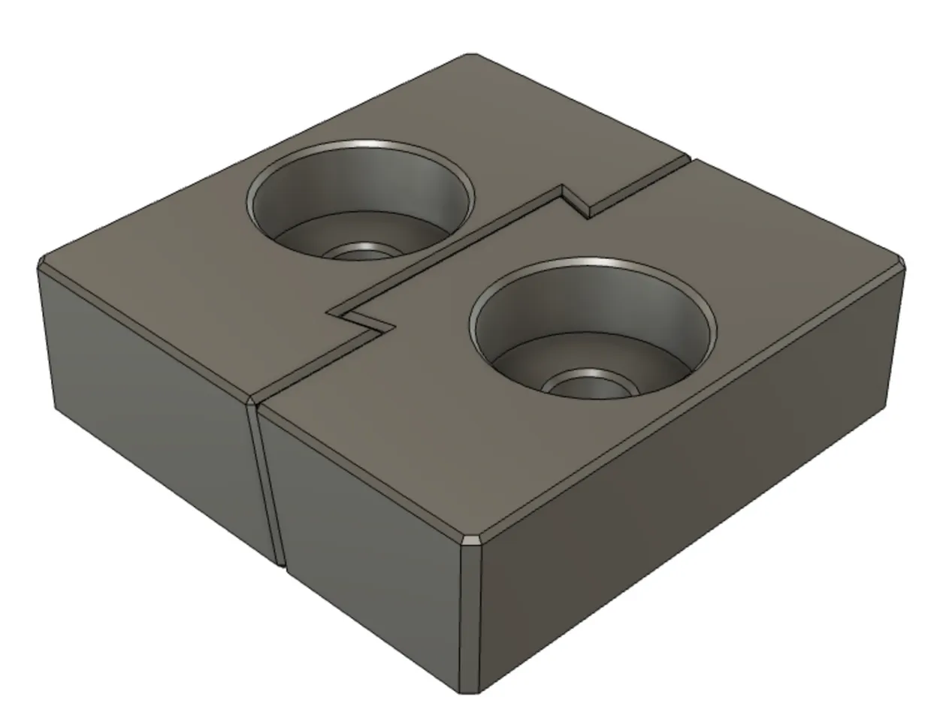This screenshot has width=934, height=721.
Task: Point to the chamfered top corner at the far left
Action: point(43,263)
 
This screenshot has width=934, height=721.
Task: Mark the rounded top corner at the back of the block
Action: point(470,56)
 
